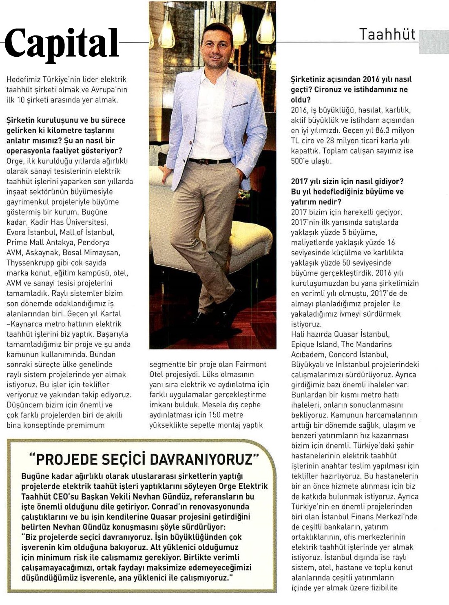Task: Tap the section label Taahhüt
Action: pyautogui.click(x=387, y=34)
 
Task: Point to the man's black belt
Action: pyautogui.click(x=210, y=161)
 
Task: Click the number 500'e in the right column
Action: pyautogui.click(x=301, y=161)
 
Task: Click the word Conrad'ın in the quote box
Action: pyautogui.click(x=167, y=507)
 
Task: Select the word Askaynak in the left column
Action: pyautogui.click(x=42, y=252)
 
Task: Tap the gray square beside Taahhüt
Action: pyautogui.click(x=434, y=41)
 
